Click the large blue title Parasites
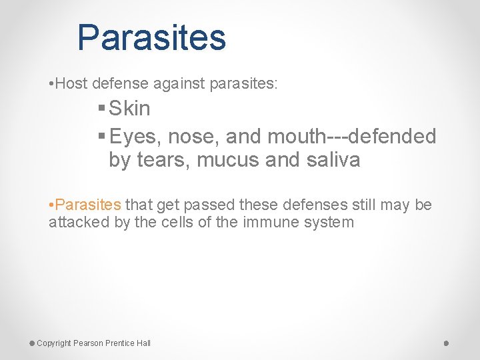pos(151,38)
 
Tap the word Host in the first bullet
pos(72,85)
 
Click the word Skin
pos(130,109)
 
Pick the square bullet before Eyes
pos(101,137)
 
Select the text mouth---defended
pos(351,137)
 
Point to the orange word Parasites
pos(88,205)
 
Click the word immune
pos(269,222)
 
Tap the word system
pos(329,222)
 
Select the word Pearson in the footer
pos(88,343)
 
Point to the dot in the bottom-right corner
pos(446,343)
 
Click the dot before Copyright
pos(32,343)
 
